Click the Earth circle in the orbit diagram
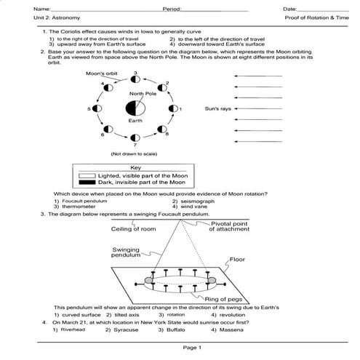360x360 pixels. tap(135, 109)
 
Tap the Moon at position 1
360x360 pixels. tap(173, 109)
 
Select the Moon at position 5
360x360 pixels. tap(97, 109)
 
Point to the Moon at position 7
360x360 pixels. tap(135, 137)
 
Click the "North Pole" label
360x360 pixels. tap(143, 94)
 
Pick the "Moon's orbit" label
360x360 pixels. tap(101, 73)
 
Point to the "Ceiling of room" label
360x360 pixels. tap(134, 228)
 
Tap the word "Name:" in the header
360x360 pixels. tap(23, 8)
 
